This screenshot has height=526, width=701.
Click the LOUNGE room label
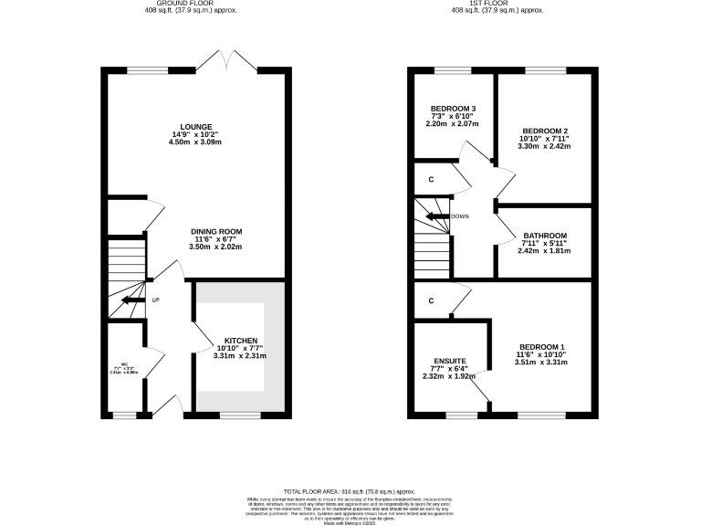click(x=196, y=127)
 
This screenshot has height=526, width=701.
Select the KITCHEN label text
click(x=242, y=341)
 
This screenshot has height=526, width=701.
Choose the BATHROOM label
click(x=545, y=236)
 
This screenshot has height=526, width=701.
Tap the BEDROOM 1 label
click(x=542, y=347)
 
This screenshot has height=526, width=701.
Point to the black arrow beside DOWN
click(x=437, y=216)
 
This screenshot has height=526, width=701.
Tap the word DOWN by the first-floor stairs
click(x=460, y=216)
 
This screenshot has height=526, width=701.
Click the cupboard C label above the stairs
click(x=430, y=179)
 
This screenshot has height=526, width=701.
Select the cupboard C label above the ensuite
click(x=430, y=300)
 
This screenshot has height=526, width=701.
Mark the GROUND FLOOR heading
click(x=184, y=4)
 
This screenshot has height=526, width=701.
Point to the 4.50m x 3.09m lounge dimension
click(x=196, y=142)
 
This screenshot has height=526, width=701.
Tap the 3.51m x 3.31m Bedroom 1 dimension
click(x=542, y=363)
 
